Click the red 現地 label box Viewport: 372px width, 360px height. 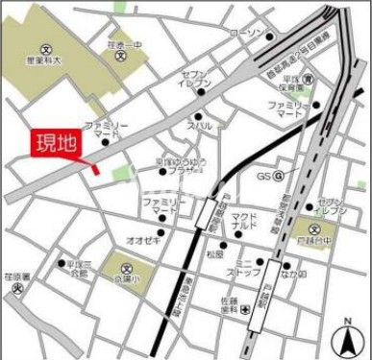(56, 144)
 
